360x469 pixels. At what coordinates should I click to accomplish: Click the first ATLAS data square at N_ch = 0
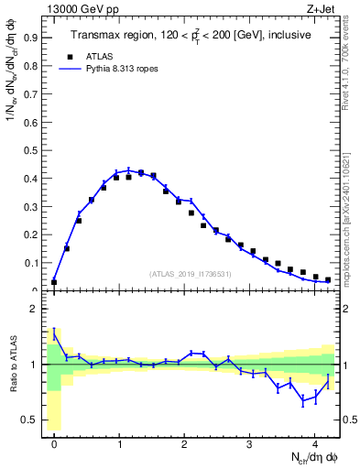54,282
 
